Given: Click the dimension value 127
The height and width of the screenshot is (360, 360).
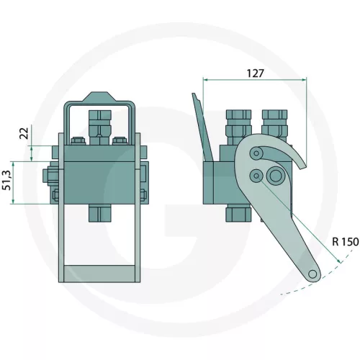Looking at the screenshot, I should click(x=256, y=73).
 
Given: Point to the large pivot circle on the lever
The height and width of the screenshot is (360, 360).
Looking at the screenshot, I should click(x=274, y=175).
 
